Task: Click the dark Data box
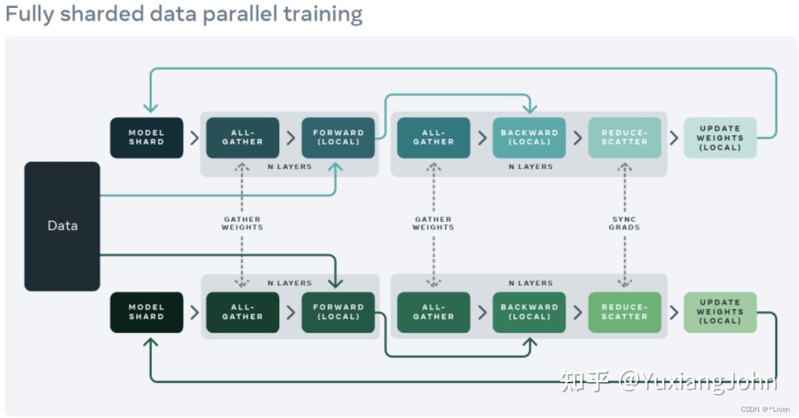click(62, 226)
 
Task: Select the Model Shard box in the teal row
click(147, 137)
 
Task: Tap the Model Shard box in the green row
click(147, 312)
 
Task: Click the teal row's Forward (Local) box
click(338, 137)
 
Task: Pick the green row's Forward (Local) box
click(338, 312)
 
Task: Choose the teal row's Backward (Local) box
click(529, 137)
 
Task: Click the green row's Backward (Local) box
click(529, 312)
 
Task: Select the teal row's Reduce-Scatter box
click(625, 137)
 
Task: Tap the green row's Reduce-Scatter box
click(625, 312)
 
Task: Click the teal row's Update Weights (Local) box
click(720, 137)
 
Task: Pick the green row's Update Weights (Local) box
click(720, 312)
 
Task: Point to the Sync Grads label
click(624, 223)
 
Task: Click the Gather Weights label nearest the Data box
click(242, 223)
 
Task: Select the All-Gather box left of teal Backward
click(434, 137)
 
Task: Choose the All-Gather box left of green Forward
click(243, 312)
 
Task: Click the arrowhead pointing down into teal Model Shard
click(150, 108)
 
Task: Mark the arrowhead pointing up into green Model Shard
click(150, 341)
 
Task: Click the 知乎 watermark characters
click(584, 381)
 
